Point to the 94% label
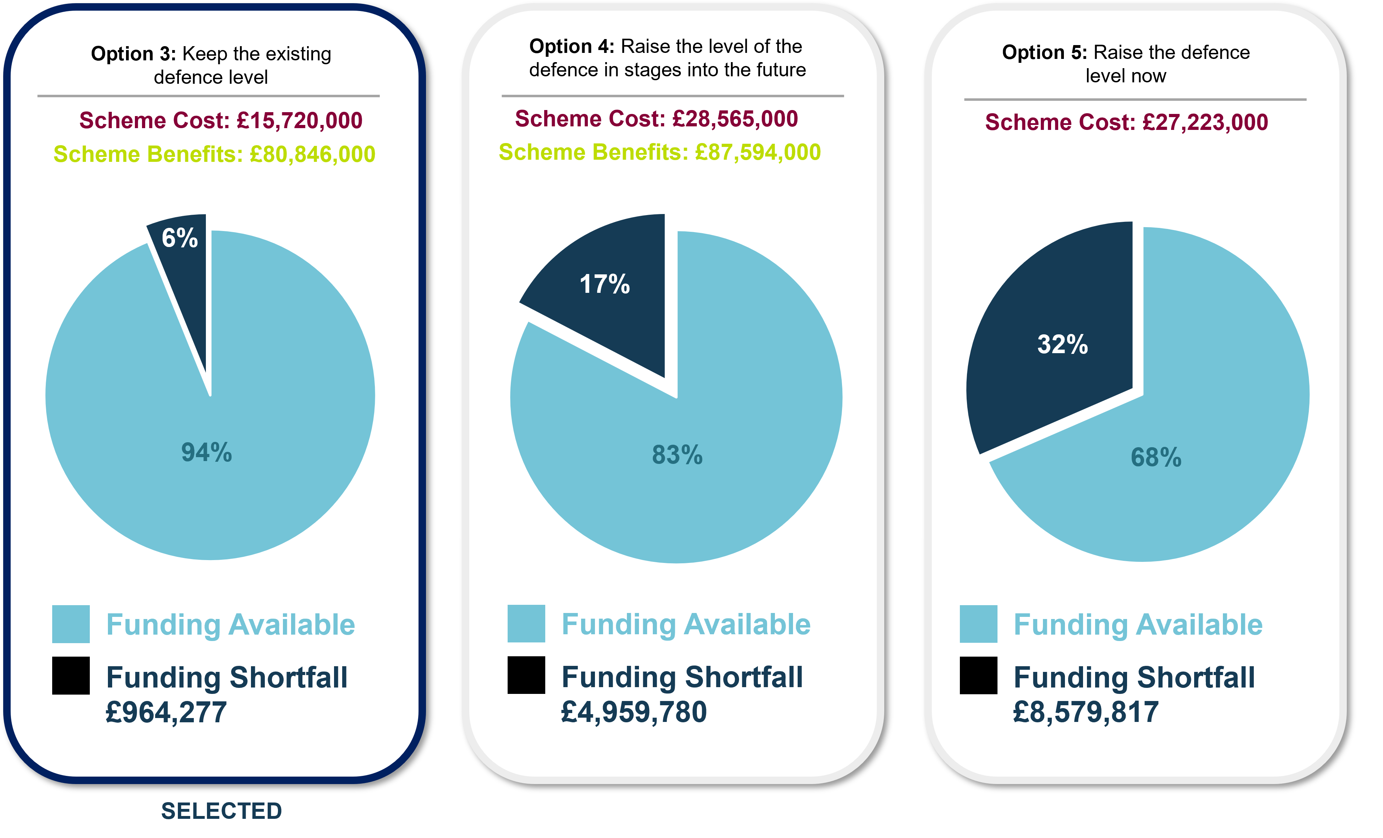tap(206, 453)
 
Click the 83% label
tap(677, 455)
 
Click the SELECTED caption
tap(221, 811)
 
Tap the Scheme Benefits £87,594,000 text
tap(660, 152)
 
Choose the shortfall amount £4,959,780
tap(634, 712)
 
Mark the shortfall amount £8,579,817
tap(1086, 712)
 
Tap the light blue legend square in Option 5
tap(978, 624)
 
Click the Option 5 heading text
tap(1126, 64)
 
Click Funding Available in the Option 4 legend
tap(686, 624)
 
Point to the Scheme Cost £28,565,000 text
tap(656, 119)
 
